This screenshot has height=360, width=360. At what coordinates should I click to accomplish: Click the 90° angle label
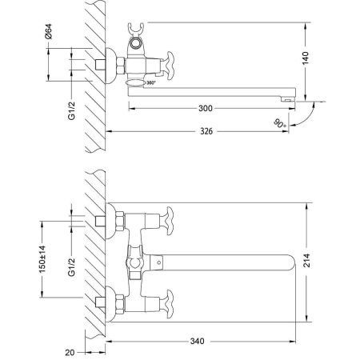point(278,124)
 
